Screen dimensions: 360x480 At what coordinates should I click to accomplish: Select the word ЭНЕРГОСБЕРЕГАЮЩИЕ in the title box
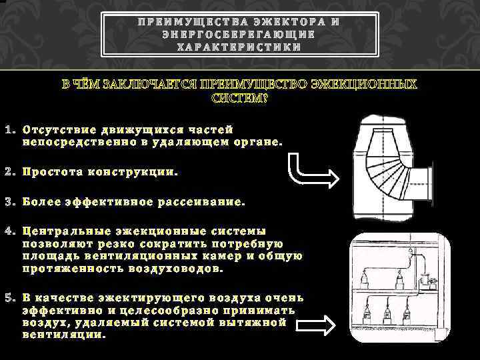239,35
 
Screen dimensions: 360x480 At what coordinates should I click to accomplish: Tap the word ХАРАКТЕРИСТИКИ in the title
239,47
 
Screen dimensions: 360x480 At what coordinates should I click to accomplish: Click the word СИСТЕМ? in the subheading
239,99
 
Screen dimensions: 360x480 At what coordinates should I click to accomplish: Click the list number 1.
8,129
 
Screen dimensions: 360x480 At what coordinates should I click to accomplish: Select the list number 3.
8,201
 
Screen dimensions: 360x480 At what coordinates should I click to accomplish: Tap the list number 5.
8,297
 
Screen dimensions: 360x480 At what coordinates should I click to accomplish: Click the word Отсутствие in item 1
56,129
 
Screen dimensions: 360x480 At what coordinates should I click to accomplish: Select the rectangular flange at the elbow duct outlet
429,183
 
